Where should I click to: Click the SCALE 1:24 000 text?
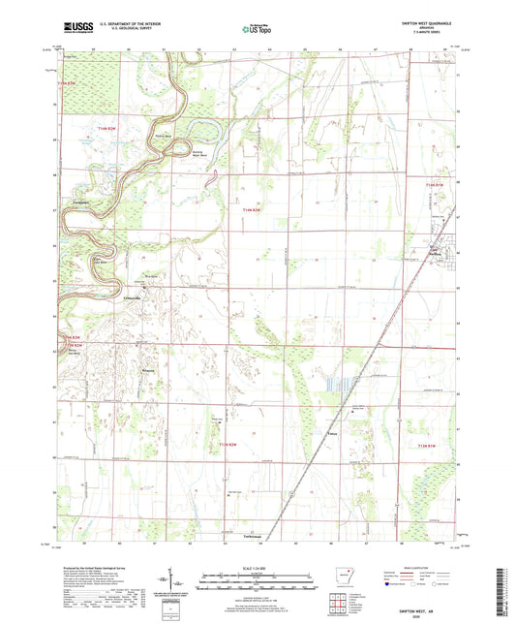pos(258,567)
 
